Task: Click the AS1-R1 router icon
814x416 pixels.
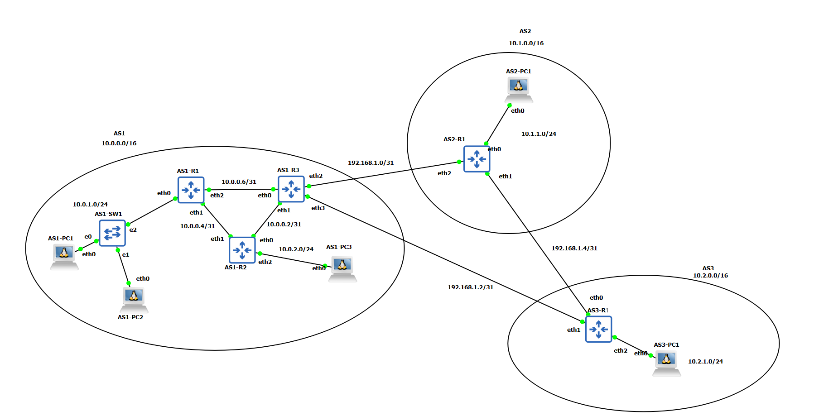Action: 191,190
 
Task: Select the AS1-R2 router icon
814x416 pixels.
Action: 242,250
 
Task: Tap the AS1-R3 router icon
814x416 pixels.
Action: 291,189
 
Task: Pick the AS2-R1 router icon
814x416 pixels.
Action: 477,159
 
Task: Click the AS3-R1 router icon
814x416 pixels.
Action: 598,329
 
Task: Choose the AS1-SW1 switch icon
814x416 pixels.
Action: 112,233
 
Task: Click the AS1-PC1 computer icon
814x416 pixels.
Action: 64,256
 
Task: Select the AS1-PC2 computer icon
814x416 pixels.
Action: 134,299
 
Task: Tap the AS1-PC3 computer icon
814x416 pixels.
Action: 342,268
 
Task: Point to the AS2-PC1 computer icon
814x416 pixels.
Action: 519,89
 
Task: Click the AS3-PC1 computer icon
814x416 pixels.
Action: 666,363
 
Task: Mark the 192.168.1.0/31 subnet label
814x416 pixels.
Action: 371,163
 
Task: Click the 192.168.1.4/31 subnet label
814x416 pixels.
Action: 574,249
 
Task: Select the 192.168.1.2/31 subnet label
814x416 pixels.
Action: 470,287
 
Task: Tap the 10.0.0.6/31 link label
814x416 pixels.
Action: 239,182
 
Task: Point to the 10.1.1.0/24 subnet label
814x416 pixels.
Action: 539,134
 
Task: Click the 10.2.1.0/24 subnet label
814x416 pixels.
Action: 705,362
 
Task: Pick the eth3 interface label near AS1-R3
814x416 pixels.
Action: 318,208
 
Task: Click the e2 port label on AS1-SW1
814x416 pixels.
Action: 133,230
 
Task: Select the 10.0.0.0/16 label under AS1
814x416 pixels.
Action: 119,143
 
